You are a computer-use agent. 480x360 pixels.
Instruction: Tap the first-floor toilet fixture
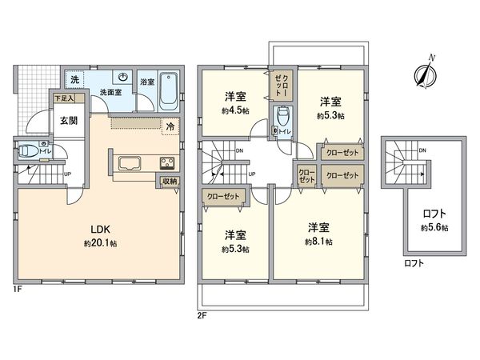(27, 150)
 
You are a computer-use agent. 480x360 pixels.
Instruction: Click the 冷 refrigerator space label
(170, 126)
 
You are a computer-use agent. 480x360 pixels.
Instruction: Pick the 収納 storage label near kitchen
(169, 182)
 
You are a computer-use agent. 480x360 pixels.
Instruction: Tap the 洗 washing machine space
(74, 80)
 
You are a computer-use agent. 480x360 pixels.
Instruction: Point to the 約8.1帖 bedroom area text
(319, 241)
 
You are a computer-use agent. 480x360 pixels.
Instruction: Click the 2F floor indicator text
(203, 314)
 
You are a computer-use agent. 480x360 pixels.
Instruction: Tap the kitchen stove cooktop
(167, 164)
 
